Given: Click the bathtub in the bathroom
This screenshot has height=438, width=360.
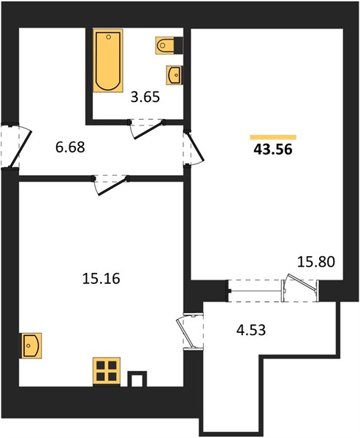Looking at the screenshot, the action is [x=108, y=61].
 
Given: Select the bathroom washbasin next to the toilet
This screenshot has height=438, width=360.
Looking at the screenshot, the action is [x=174, y=74].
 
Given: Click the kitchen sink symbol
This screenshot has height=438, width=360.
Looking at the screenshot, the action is [x=30, y=345].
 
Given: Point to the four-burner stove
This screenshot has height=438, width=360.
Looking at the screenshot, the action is [x=107, y=372].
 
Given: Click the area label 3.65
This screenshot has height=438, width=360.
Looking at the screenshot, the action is [x=145, y=97].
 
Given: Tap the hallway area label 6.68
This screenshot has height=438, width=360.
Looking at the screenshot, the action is [x=70, y=147].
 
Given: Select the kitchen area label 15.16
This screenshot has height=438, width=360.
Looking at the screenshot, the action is [x=102, y=278].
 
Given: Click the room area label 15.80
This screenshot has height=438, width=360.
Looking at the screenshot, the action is [x=316, y=262].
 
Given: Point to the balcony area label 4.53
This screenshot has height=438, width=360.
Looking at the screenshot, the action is [x=251, y=330].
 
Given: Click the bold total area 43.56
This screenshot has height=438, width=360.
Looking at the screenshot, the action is [x=273, y=150].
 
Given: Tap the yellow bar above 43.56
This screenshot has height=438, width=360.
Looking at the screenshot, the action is [x=273, y=137].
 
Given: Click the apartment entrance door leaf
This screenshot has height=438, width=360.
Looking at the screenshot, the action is [x=21, y=148].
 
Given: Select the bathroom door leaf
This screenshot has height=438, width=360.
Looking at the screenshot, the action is [x=148, y=130].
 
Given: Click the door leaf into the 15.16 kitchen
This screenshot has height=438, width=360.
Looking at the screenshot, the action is [x=113, y=185].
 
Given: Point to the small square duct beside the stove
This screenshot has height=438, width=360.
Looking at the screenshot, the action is [x=137, y=379].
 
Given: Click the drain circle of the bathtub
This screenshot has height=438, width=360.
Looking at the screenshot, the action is [x=109, y=37].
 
